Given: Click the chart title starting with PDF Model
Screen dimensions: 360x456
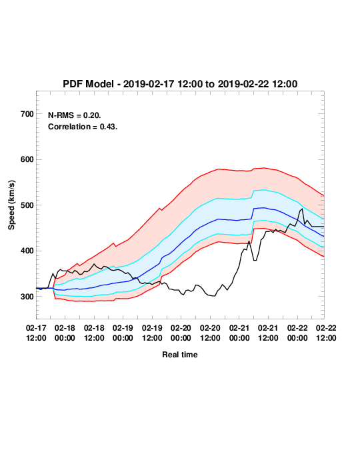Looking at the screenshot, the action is click(180, 84).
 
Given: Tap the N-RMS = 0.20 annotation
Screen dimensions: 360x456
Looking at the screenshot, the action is click(75, 115).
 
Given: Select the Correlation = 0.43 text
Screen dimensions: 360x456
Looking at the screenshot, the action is click(83, 127).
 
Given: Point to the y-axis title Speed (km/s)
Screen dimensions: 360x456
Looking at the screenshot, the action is click(11, 205).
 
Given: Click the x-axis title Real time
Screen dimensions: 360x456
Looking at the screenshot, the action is click(180, 355).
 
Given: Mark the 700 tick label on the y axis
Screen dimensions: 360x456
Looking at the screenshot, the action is click(27, 114).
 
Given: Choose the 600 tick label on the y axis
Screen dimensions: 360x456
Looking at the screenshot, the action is click(27, 159).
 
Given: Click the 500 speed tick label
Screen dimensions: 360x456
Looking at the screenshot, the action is click(27, 205).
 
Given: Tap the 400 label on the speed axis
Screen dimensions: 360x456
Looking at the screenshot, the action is click(27, 251).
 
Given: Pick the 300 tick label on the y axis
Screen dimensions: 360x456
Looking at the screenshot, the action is click(27, 297).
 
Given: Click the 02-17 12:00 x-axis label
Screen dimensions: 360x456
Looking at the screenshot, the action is click(36, 333).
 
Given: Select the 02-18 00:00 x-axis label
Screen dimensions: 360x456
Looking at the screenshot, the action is click(65, 333).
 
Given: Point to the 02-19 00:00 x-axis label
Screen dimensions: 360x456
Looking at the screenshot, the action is click(123, 333).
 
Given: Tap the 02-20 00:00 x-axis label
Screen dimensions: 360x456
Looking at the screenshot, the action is click(181, 333).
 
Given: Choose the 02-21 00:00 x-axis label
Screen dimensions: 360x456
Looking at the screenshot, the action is click(239, 333).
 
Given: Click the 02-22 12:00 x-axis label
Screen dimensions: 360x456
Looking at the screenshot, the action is click(326, 333).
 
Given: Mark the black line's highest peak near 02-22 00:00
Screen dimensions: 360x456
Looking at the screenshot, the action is click(303, 209).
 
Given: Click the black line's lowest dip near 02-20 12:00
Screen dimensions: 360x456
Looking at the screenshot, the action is click(215, 296).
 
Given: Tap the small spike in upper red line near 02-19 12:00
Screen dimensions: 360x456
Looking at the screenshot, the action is click(159, 208).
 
